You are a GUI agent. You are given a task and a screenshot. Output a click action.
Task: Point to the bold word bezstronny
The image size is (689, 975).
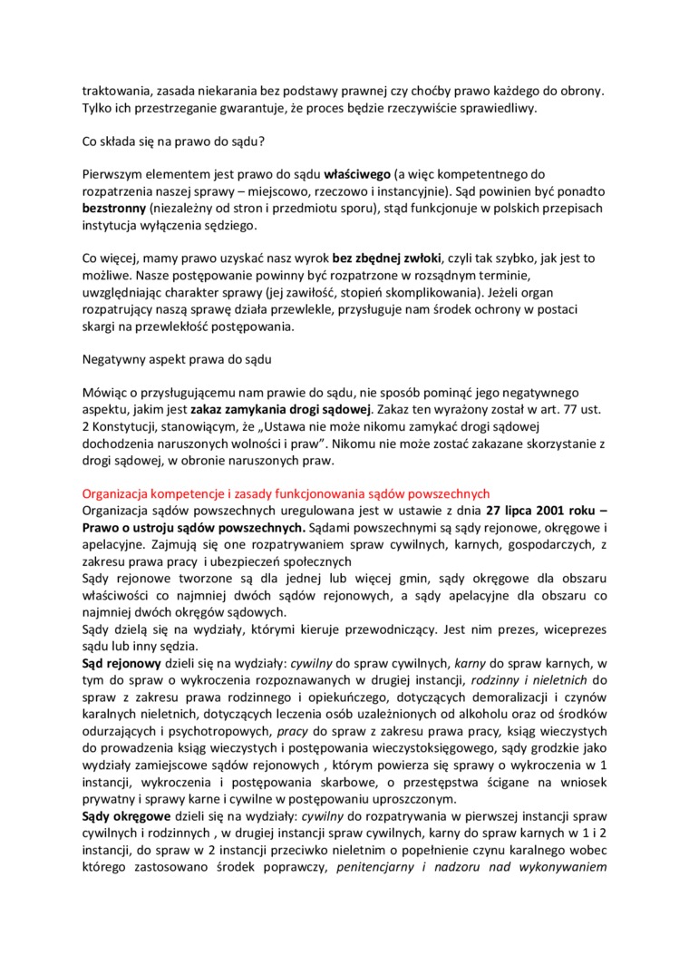[x=114, y=208]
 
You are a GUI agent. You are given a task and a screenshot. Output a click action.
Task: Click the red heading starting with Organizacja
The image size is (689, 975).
[x=286, y=494]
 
